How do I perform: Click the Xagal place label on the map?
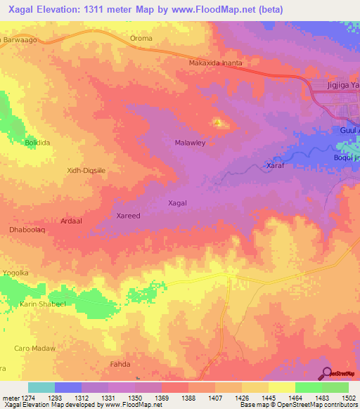[178, 202]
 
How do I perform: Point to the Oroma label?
[141, 39]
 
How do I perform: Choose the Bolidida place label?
[39, 143]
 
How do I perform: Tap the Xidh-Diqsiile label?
[85, 170]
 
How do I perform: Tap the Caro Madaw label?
[34, 348]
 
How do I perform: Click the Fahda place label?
[120, 364]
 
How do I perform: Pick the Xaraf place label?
[274, 166]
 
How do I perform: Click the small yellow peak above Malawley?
[218, 124]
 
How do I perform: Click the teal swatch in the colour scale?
[41, 387]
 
